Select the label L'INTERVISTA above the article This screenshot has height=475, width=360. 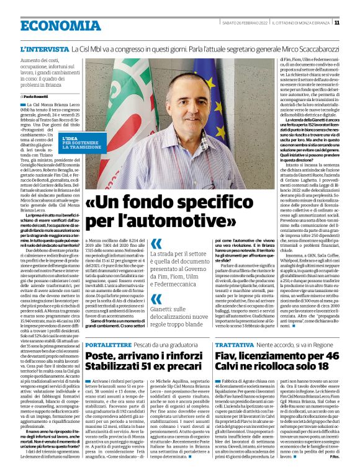[x=44, y=48]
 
